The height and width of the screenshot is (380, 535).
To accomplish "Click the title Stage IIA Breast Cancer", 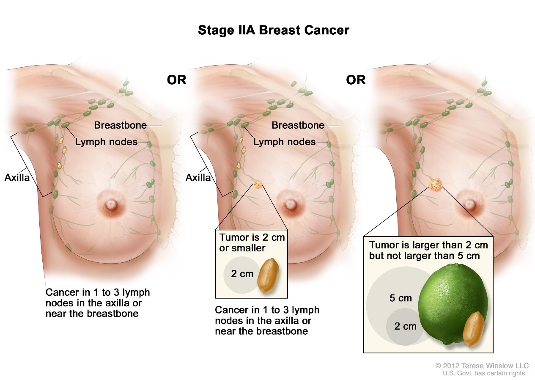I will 274,30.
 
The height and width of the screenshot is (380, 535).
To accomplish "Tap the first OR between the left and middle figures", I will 176,80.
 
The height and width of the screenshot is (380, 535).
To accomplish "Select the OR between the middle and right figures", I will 355,80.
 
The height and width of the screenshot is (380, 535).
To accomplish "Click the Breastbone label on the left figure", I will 120,125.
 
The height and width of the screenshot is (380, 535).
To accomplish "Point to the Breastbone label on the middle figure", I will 298,125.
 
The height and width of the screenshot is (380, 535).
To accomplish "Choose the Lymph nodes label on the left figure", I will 106,142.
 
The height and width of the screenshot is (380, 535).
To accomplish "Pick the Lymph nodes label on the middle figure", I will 284,142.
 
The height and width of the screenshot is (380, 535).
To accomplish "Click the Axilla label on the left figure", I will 17,177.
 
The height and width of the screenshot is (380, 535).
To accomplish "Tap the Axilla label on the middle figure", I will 198,177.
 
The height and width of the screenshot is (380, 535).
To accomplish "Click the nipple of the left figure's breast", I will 111,205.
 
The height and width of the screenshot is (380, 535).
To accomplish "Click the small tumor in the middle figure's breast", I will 257,184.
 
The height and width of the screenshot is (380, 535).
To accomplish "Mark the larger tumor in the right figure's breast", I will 436,185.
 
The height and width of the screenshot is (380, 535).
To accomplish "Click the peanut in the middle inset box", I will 268,275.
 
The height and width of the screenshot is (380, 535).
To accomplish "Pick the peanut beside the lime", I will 473,328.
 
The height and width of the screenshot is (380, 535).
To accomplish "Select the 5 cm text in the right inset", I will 400,298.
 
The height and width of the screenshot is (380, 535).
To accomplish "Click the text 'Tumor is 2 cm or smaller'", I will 252,242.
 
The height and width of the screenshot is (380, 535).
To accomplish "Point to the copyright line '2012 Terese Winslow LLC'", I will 482,366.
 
